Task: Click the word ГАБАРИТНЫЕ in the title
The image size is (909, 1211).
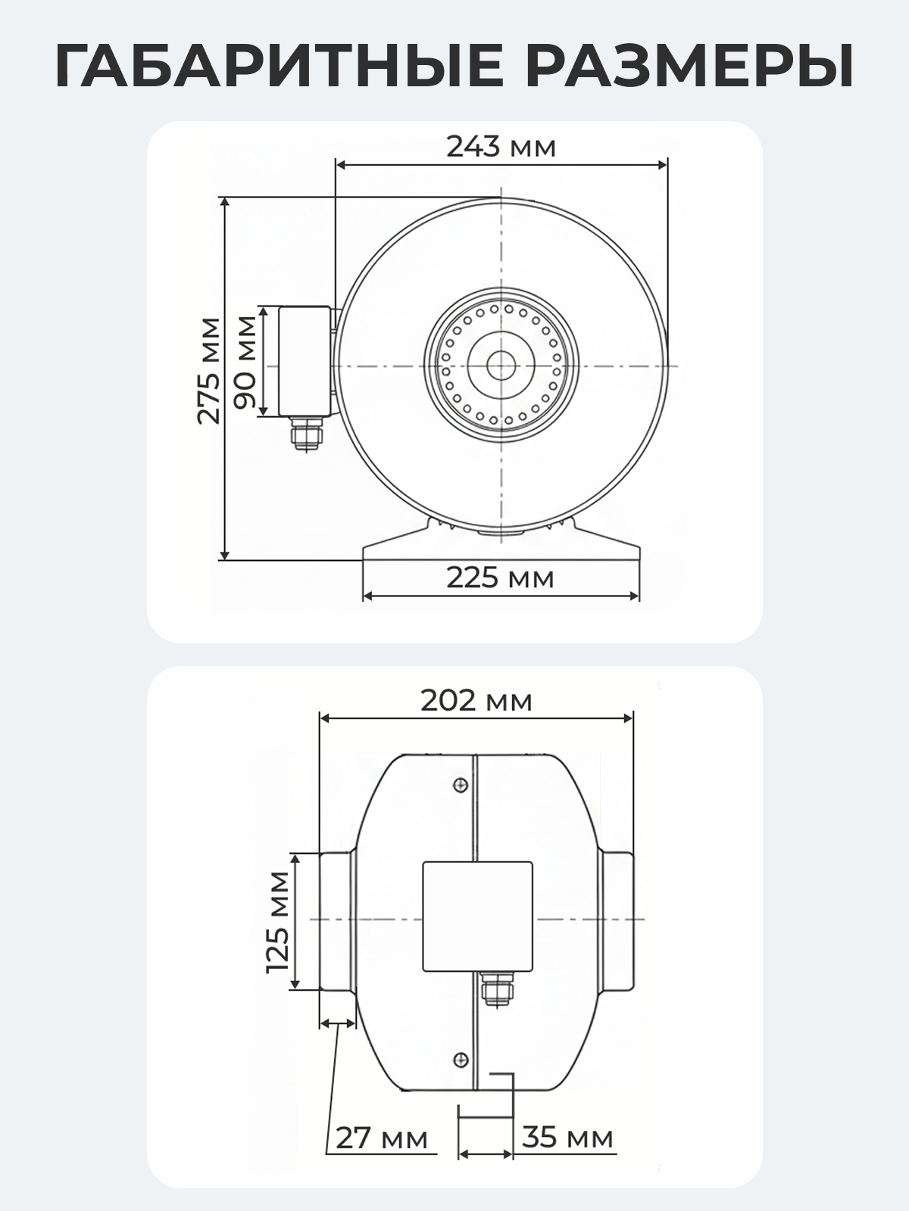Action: (280, 66)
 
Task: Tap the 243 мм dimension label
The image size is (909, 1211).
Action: (501, 147)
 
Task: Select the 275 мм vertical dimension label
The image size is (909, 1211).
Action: (209, 371)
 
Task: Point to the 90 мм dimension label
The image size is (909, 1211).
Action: (245, 363)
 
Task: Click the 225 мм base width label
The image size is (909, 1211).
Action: (499, 578)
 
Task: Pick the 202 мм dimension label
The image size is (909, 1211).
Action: (476, 701)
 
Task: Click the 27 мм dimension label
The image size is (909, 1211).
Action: (381, 1138)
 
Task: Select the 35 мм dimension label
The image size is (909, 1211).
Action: (567, 1138)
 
